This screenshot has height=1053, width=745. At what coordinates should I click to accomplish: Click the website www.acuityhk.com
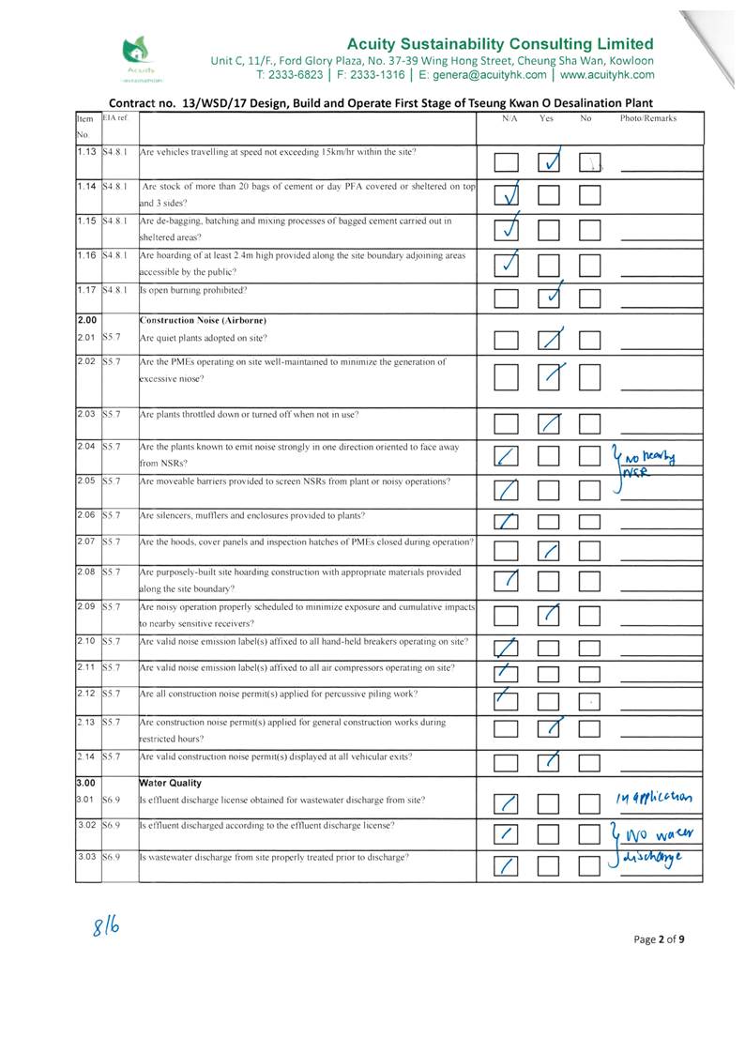608,75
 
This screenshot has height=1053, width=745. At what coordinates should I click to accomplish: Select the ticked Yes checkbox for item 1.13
552,162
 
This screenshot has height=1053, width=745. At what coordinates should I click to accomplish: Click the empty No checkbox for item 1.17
590,298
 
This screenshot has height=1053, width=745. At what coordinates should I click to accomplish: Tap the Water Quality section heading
170,782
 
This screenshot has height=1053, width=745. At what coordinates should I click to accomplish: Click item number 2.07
87,544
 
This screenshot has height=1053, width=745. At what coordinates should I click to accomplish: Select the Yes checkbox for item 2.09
552,616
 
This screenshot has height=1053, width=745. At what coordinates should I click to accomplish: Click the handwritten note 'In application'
655,798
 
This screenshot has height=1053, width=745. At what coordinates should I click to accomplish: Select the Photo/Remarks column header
647,119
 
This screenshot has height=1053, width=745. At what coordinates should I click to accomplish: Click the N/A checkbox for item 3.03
507,865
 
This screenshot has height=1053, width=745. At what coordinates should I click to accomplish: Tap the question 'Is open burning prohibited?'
193,290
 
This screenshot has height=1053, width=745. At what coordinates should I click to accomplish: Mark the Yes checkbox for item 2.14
552,760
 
